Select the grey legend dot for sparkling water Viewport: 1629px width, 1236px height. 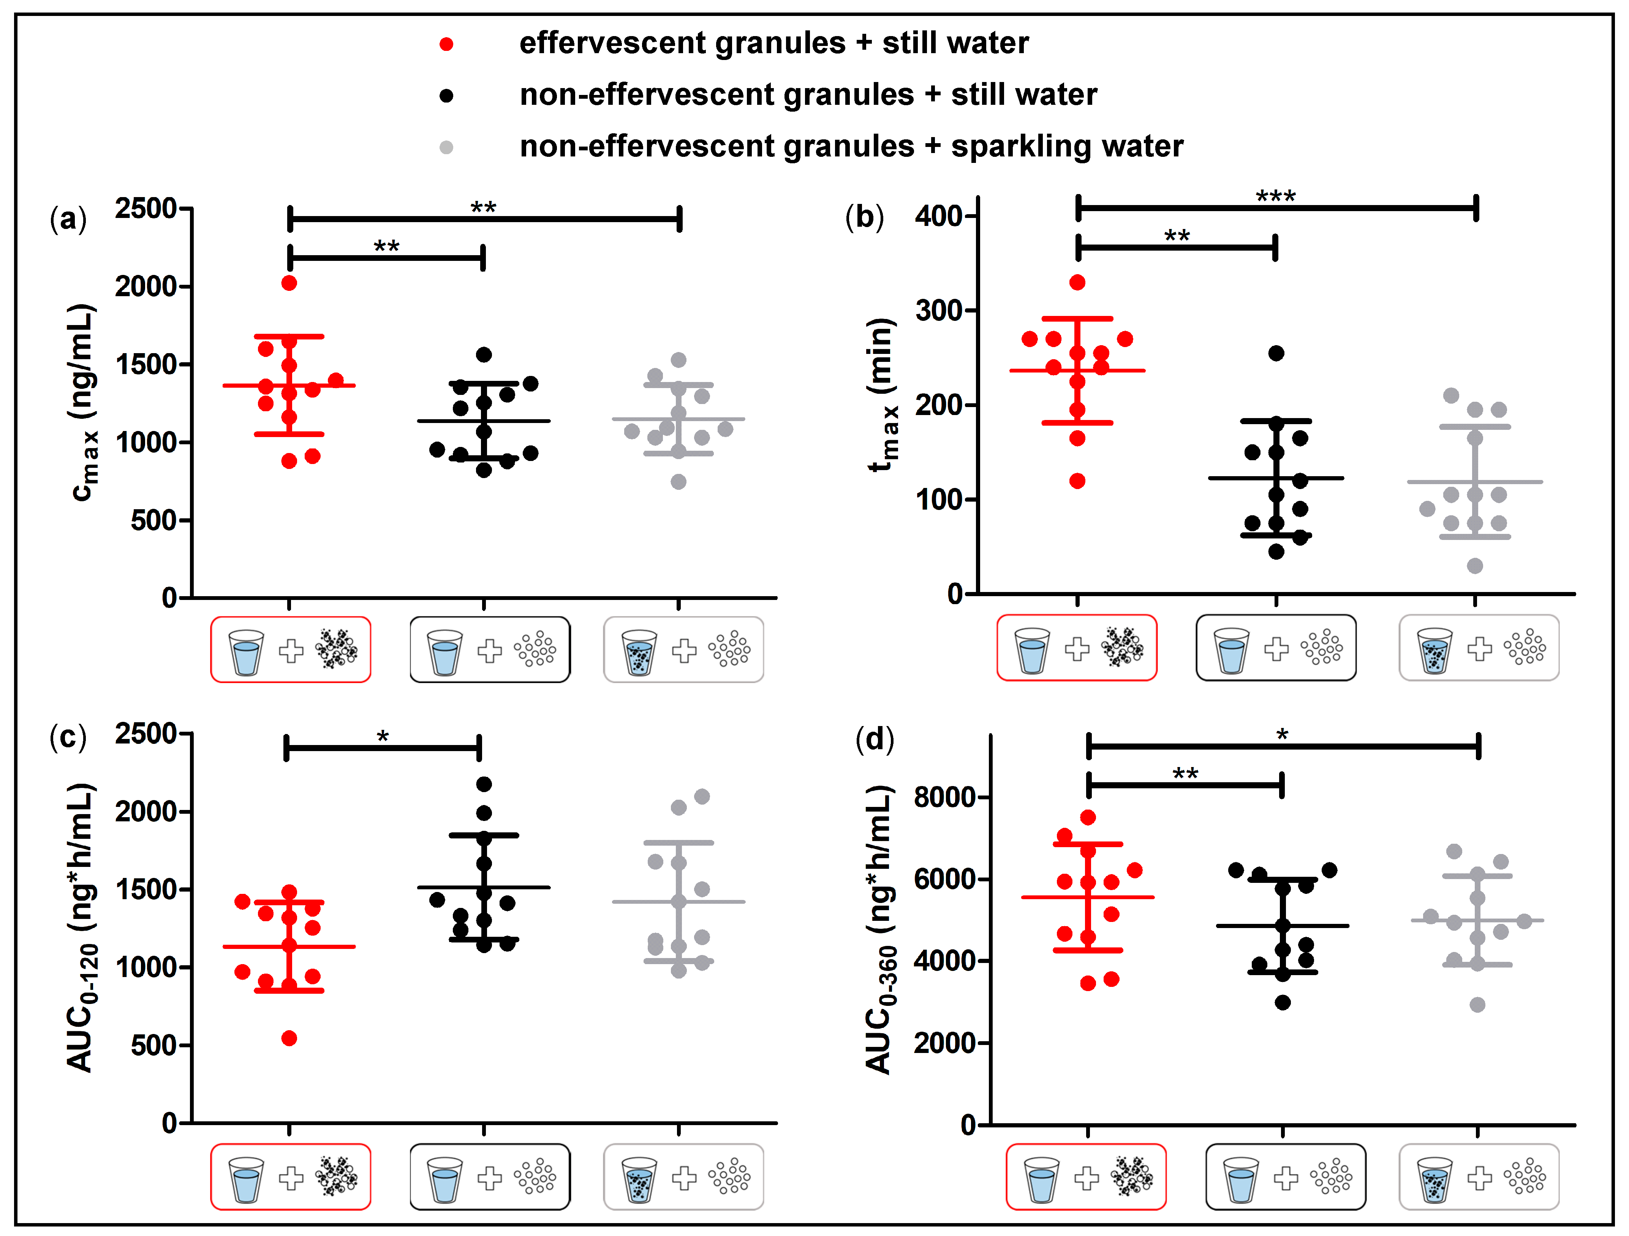(446, 147)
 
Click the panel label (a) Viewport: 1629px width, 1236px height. (68, 219)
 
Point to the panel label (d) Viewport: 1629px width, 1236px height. (874, 738)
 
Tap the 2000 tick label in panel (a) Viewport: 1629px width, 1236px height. (146, 286)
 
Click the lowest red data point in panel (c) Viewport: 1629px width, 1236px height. (289, 1038)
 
